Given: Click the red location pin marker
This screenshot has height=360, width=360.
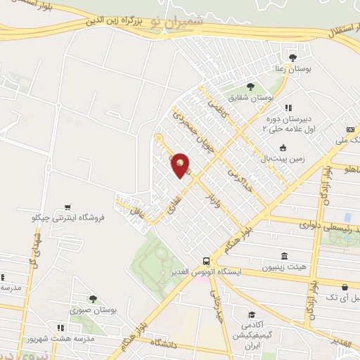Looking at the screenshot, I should coord(181,165).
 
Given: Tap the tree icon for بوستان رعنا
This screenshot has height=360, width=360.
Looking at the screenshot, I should coord(292,58).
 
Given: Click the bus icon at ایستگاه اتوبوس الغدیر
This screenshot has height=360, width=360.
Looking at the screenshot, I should coord(206,260).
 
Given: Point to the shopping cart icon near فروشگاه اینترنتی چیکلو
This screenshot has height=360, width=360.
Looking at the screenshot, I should coord(67,207).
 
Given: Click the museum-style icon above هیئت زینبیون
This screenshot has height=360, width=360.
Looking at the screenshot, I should coord(284,256).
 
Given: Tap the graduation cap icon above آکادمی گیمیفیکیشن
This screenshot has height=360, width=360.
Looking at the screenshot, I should coord(250,316).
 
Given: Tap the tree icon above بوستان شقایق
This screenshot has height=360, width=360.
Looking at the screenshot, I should coord(250,86).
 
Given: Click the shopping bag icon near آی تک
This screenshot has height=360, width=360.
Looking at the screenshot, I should coord(345,287).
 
